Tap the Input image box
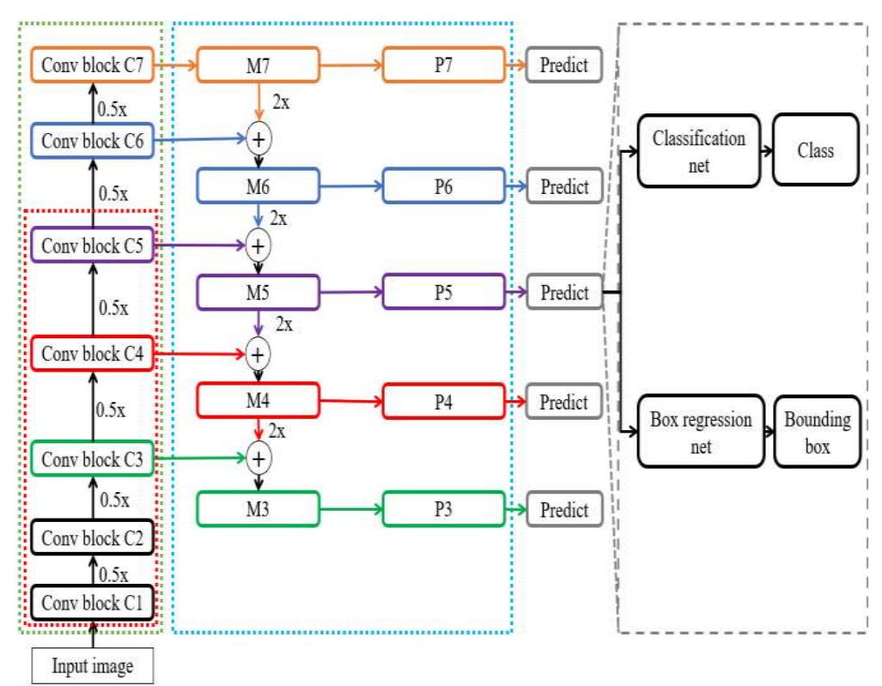click(x=93, y=665)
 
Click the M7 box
click(x=259, y=64)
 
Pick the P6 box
click(x=443, y=186)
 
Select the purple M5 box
click(x=259, y=293)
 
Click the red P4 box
click(x=443, y=401)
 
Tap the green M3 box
click(x=259, y=509)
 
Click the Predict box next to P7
click(x=564, y=65)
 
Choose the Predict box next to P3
click(x=564, y=510)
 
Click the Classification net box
click(x=699, y=150)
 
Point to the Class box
click(x=815, y=150)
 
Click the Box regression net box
click(x=701, y=432)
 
